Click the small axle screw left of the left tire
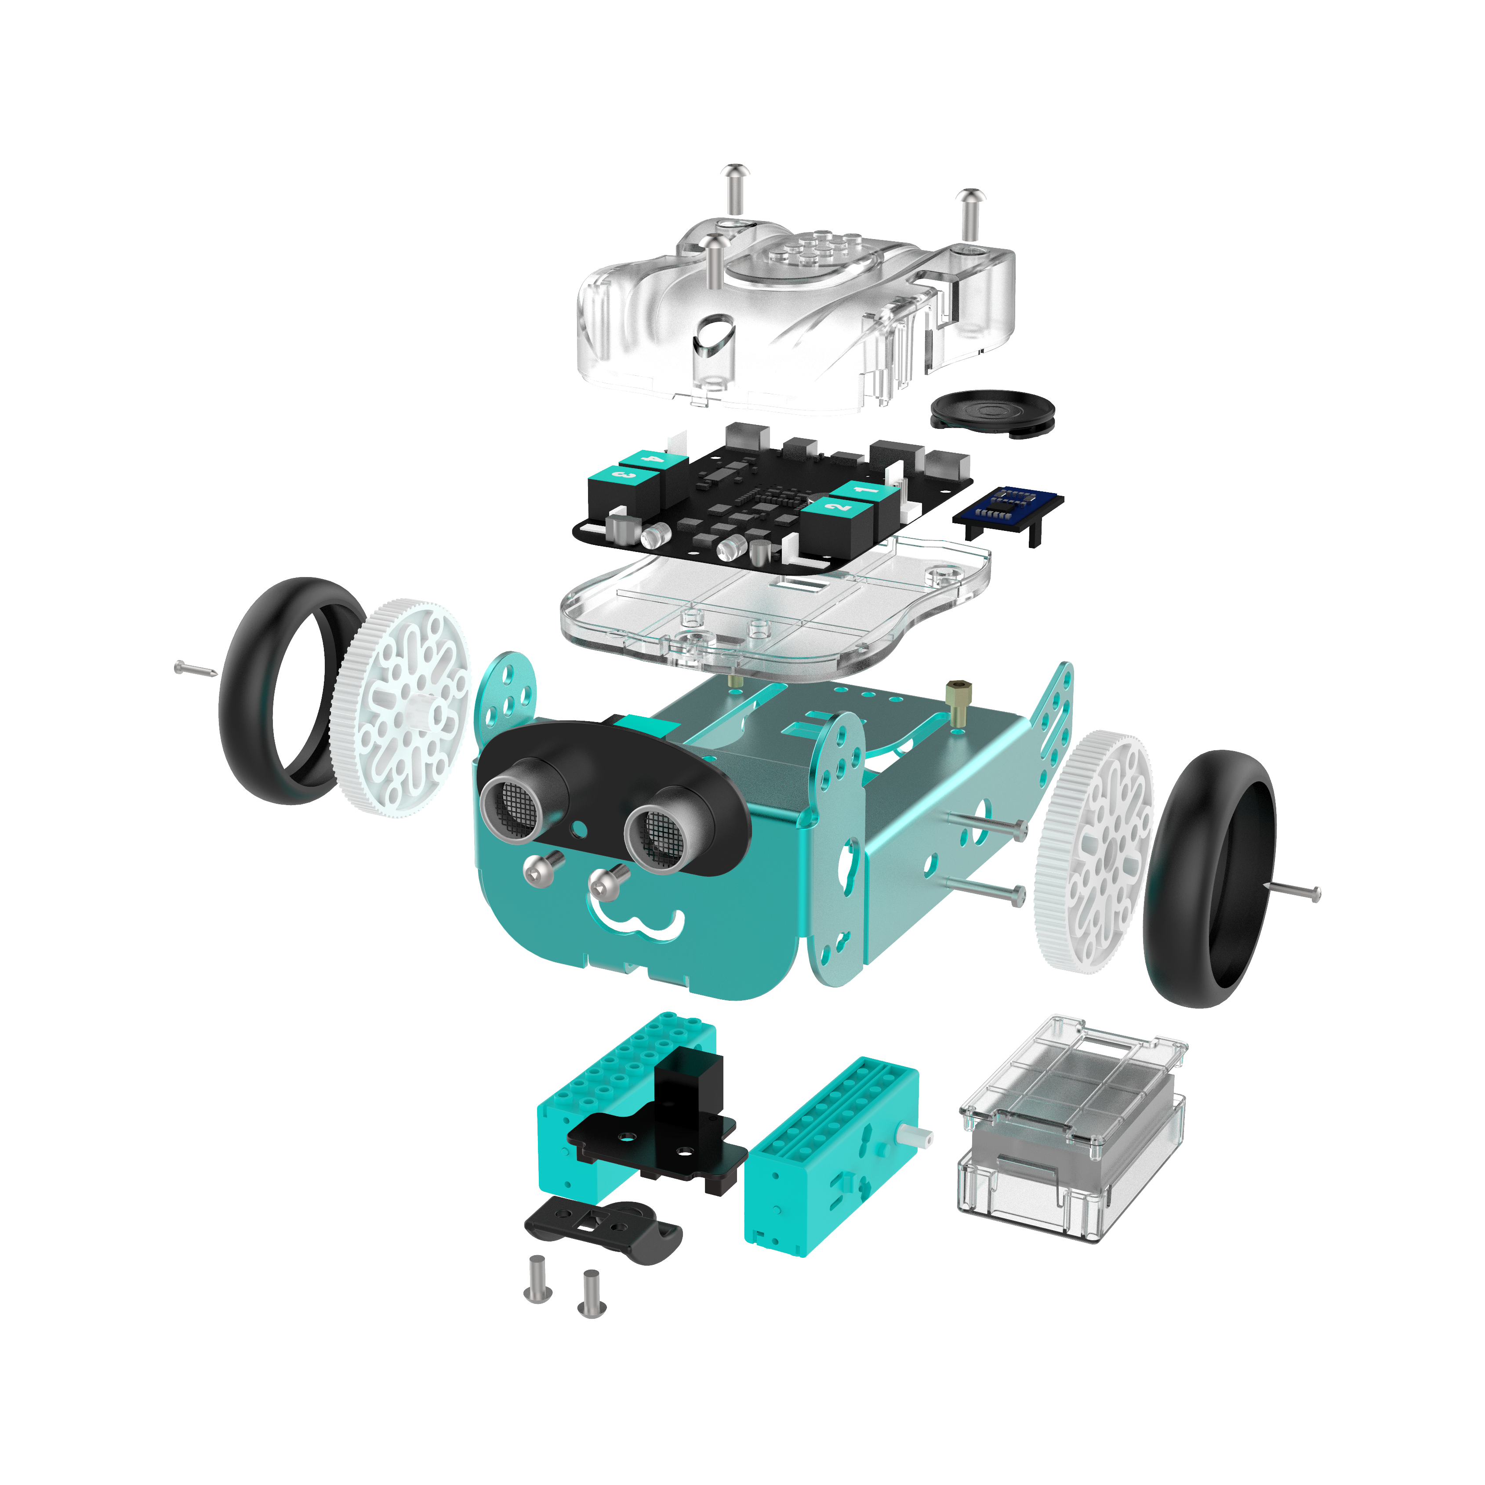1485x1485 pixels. click(x=196, y=669)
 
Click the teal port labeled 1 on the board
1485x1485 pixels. click(x=865, y=490)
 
